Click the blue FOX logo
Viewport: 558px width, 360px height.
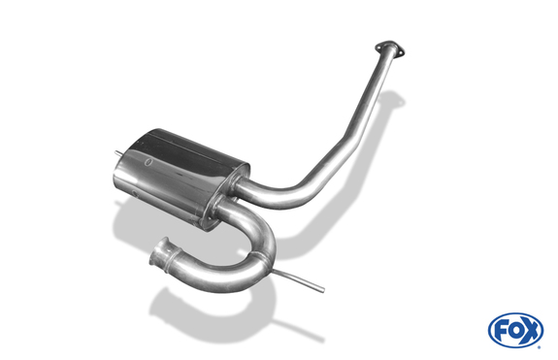515,331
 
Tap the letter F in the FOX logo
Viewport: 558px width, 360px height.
501,331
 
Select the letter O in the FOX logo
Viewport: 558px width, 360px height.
515,331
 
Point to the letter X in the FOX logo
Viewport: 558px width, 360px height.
530,331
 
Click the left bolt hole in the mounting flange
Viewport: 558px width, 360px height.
379,47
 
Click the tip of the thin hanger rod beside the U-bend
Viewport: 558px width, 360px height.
323,290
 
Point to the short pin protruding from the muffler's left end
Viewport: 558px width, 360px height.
118,153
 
